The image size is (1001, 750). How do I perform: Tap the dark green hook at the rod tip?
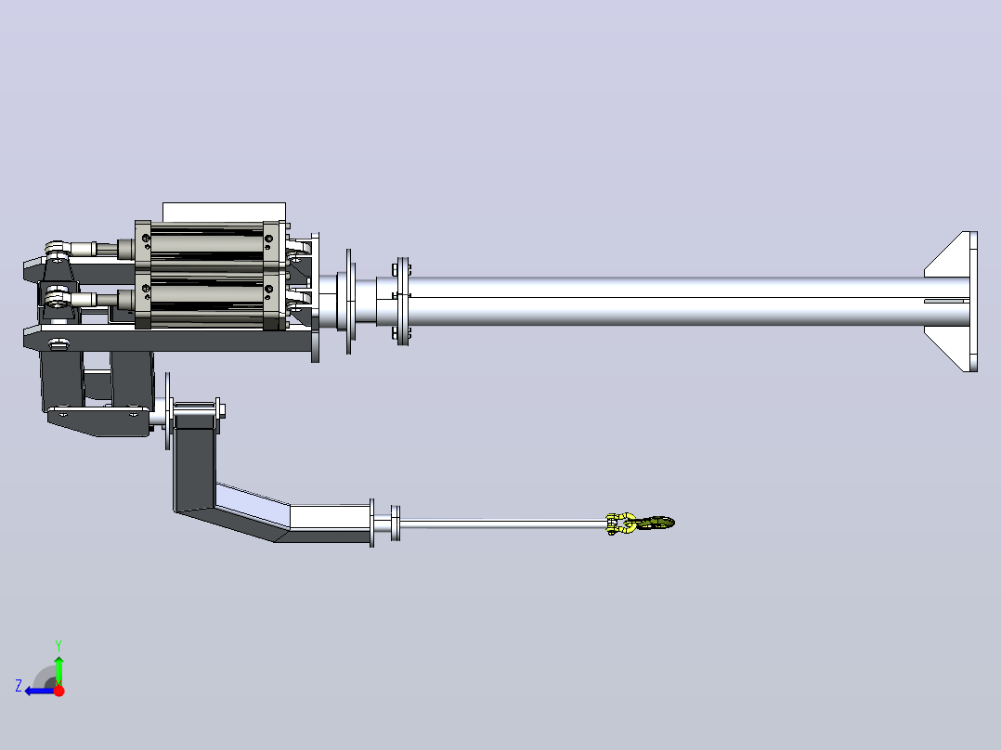pyautogui.click(x=657, y=524)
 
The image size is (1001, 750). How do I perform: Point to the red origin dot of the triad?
pyautogui.click(x=58, y=691)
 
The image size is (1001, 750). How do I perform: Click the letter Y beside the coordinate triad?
pyautogui.click(x=58, y=645)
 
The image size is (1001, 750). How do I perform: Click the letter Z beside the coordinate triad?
pyautogui.click(x=19, y=686)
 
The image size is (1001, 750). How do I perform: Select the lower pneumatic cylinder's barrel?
pyautogui.click(x=207, y=299)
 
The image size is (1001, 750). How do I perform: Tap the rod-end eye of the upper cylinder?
pyautogui.click(x=57, y=248)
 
